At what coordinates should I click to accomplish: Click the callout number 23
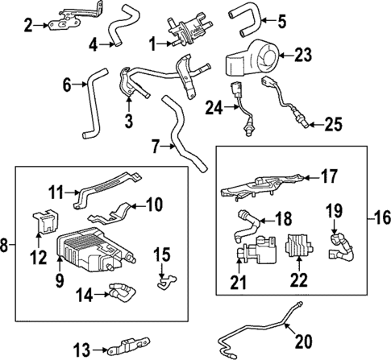click(303, 56)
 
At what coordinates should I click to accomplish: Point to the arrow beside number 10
click(136, 205)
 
